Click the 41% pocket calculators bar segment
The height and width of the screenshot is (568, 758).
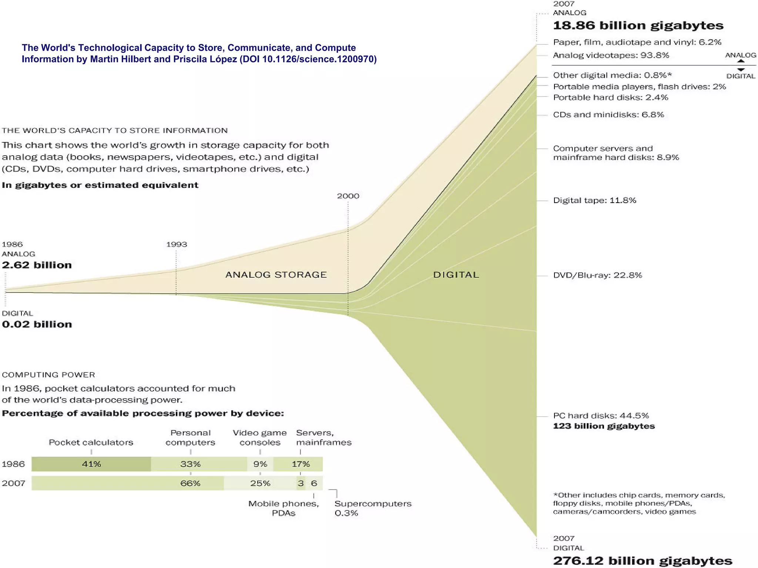pyautogui.click(x=91, y=464)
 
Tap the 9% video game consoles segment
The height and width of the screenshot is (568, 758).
pyautogui.click(x=260, y=464)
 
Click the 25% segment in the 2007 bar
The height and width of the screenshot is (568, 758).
pyautogui.click(x=260, y=483)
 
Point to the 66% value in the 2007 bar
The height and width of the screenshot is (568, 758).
pyautogui.click(x=190, y=483)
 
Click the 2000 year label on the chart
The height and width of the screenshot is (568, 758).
pyautogui.click(x=348, y=196)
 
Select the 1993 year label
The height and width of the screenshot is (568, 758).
pyautogui.click(x=177, y=244)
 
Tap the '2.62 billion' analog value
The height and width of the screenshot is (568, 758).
pyautogui.click(x=37, y=265)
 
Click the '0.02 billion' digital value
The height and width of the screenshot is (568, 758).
pyautogui.click(x=37, y=324)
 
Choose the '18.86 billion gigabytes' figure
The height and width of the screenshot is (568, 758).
pyautogui.click(x=638, y=26)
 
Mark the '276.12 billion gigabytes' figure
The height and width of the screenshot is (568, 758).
pyautogui.click(x=643, y=561)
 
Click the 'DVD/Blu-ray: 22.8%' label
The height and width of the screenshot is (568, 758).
pyautogui.click(x=597, y=275)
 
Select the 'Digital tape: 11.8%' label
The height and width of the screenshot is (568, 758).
pyautogui.click(x=594, y=200)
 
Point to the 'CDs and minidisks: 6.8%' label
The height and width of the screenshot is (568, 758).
pyautogui.click(x=608, y=115)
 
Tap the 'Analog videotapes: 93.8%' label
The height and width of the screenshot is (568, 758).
pyautogui.click(x=611, y=55)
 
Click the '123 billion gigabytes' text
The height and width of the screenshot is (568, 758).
pyautogui.click(x=604, y=426)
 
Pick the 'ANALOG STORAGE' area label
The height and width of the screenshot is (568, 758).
pyautogui.click(x=276, y=275)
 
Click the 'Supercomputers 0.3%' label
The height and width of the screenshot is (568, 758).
pyautogui.click(x=373, y=508)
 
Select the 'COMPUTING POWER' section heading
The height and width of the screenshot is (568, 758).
pyautogui.click(x=48, y=375)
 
